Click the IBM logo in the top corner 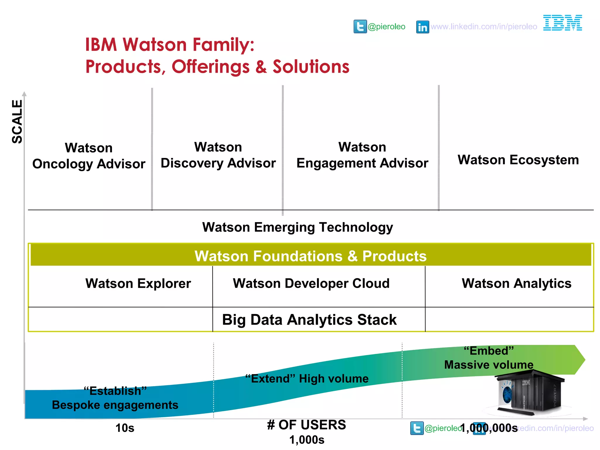(562, 23)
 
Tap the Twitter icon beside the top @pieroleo (360, 27)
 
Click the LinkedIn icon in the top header (422, 27)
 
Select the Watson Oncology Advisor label (89, 156)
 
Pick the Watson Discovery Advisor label (218, 155)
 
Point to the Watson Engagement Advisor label (362, 155)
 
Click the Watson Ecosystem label (518, 160)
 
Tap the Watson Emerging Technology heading (297, 227)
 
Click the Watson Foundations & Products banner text (311, 256)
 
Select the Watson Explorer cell (138, 284)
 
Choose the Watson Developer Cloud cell (311, 284)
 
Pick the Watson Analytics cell (517, 284)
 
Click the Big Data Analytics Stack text (309, 320)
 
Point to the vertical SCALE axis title (17, 122)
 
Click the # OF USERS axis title (306, 425)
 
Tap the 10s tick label (125, 428)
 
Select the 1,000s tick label (307, 440)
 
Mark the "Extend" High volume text (307, 379)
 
